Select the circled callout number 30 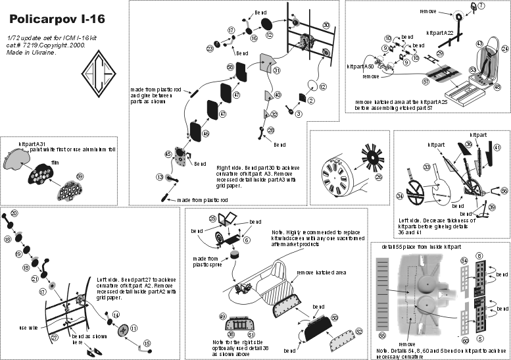(x=326, y=25)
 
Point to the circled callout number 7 (x=480, y=7)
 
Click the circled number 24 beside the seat (x=505, y=49)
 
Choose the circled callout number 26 (x=379, y=176)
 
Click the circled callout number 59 (x=80, y=176)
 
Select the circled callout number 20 (x=14, y=213)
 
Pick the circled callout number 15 (x=147, y=343)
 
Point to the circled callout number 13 (x=160, y=177)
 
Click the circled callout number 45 (x=168, y=154)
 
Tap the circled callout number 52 (x=358, y=331)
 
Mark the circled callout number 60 (x=465, y=341)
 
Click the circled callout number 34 (x=400, y=196)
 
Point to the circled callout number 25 (x=212, y=218)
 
